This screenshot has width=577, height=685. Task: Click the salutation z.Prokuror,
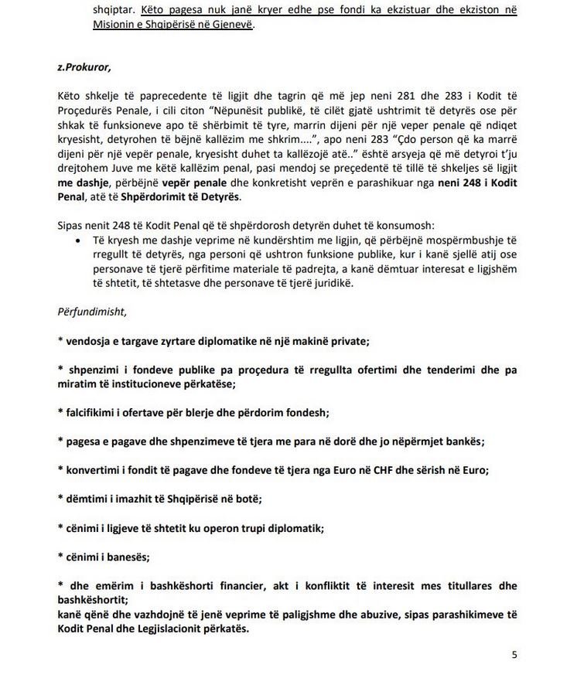[x=84, y=66]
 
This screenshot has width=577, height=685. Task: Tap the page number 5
[x=514, y=655]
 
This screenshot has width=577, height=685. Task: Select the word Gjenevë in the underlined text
[x=229, y=25]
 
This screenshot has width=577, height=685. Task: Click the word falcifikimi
[x=95, y=412]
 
